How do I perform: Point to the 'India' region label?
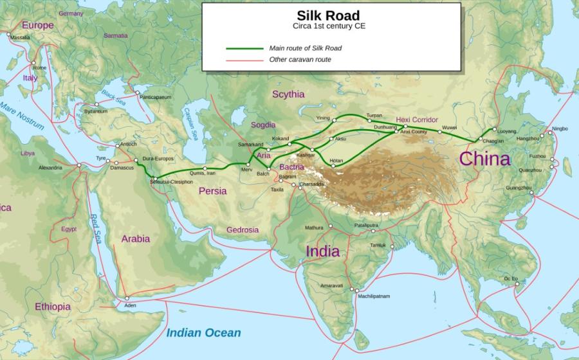[x=322, y=251]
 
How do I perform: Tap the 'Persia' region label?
[x=212, y=191]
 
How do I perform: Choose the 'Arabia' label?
[x=135, y=239]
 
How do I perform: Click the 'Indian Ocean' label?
[x=203, y=333]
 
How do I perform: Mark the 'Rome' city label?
[x=40, y=67]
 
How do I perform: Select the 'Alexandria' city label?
[x=50, y=167]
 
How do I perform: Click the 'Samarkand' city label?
[x=250, y=144]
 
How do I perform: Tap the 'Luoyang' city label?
[x=507, y=131]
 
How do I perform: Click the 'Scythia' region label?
[x=288, y=94]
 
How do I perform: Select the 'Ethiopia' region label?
[x=53, y=307]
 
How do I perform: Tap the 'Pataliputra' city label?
[x=366, y=225]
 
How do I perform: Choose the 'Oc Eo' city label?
[x=511, y=278]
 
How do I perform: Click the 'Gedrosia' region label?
[x=243, y=230]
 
